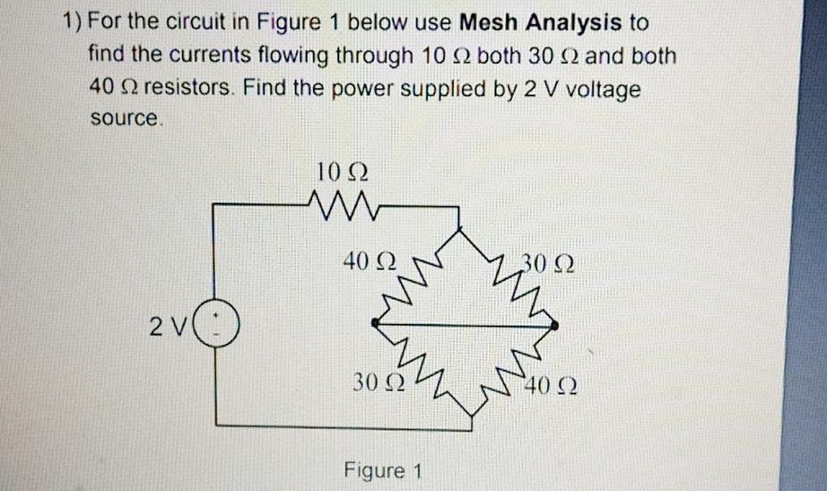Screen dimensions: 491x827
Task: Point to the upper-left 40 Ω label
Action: pyautogui.click(x=369, y=264)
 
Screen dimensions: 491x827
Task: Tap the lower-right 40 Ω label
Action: pyautogui.click(x=550, y=387)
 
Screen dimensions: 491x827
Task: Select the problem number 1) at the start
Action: pyautogui.click(x=74, y=21)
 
